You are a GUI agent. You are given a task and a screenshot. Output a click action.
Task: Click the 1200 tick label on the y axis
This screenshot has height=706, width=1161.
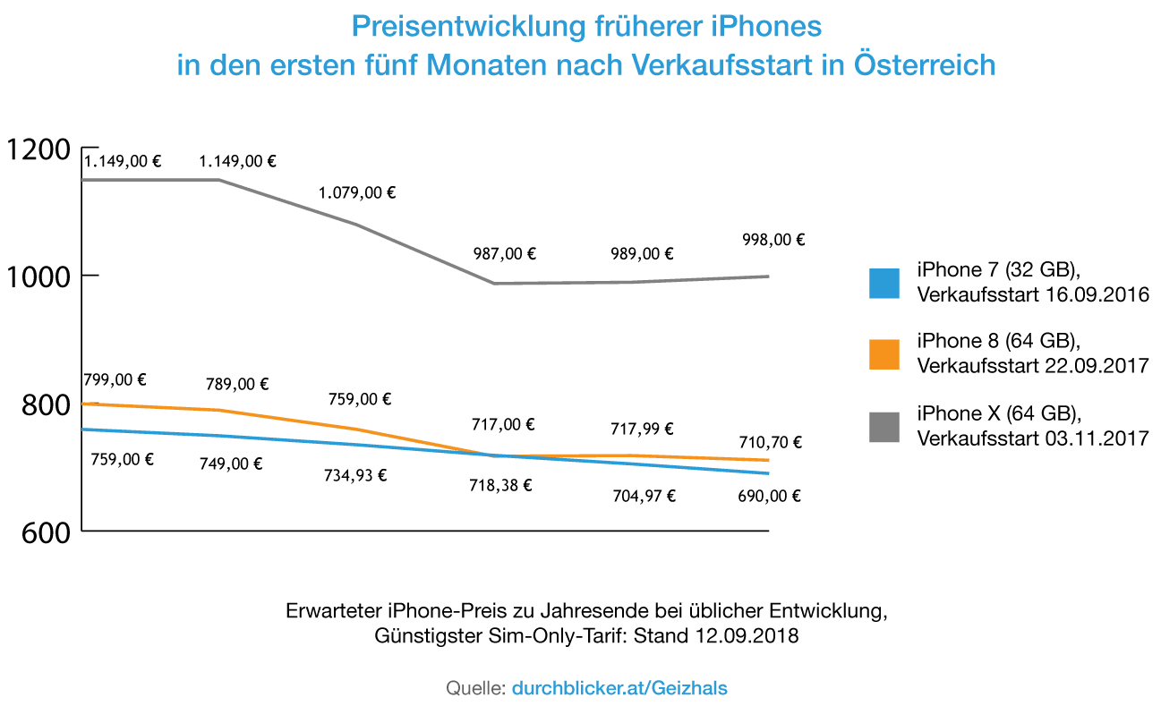click(38, 149)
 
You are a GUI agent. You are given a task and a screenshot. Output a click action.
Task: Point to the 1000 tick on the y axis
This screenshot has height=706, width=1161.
click(38, 276)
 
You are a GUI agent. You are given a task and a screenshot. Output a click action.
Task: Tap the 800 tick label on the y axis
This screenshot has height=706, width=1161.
click(44, 405)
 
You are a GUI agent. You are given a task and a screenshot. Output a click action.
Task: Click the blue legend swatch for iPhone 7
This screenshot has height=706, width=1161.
click(884, 283)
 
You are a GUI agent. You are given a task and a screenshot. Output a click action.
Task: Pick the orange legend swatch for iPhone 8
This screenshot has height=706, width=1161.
click(884, 354)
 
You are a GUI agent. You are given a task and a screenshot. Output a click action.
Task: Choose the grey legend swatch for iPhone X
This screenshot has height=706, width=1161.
click(884, 427)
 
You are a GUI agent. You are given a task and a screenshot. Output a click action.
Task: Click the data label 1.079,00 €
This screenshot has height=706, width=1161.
click(358, 192)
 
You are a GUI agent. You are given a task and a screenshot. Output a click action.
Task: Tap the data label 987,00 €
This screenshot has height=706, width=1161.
click(504, 254)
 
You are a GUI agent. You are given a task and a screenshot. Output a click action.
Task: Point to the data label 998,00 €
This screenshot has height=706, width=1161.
click(773, 240)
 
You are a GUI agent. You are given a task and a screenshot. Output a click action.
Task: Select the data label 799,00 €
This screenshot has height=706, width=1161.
click(115, 379)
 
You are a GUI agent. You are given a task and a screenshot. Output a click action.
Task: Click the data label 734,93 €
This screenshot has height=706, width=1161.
click(355, 476)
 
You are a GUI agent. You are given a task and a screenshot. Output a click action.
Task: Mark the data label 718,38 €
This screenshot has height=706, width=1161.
click(500, 486)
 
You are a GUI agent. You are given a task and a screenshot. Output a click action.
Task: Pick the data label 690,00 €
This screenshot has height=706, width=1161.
click(770, 496)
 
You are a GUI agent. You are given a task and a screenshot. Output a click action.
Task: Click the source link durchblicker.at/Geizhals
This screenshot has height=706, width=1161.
click(619, 688)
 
